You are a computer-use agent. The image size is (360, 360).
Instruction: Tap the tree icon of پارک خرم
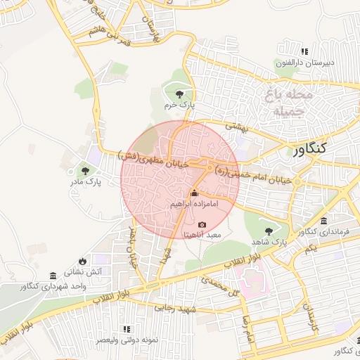click(x=179, y=94)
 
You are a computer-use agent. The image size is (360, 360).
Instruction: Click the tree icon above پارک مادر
click(x=86, y=170)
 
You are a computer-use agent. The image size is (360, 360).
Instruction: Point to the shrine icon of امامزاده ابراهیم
click(x=195, y=193)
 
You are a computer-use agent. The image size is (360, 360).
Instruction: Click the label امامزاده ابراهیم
click(x=195, y=204)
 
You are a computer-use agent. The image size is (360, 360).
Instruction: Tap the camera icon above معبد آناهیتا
click(x=202, y=224)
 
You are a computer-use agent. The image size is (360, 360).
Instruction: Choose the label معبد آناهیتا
click(x=202, y=234)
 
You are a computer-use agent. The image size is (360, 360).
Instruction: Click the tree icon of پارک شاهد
click(x=268, y=231)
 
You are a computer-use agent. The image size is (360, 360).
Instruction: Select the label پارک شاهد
click(x=269, y=242)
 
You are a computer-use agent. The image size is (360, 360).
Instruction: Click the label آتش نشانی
click(x=84, y=271)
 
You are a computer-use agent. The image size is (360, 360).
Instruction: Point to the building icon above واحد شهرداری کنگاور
click(x=53, y=276)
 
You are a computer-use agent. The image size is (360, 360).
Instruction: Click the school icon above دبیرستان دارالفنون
click(x=304, y=51)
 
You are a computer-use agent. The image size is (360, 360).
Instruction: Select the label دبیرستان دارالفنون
click(x=304, y=63)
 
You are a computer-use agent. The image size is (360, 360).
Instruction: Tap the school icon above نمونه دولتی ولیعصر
click(x=127, y=328)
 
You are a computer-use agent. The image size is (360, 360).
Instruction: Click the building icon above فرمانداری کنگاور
click(x=322, y=221)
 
